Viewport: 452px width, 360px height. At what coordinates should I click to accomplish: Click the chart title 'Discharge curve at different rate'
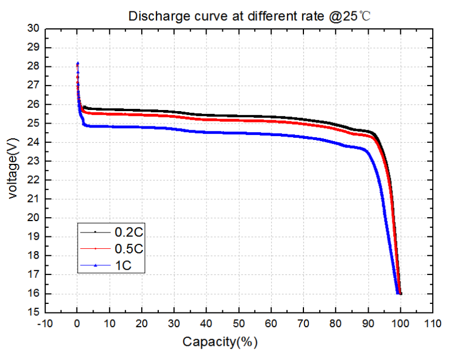coord(249,15)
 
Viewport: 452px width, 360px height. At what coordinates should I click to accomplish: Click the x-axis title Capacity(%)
coord(219,342)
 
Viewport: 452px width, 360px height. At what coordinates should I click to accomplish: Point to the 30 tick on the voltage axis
coord(33,28)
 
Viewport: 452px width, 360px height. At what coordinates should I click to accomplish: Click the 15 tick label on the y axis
coord(33,312)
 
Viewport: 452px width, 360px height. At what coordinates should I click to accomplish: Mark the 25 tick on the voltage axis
coord(33,123)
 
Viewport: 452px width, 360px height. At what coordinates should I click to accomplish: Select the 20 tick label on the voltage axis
coord(33,218)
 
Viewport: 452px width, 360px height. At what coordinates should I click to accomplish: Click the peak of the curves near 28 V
coord(78,63)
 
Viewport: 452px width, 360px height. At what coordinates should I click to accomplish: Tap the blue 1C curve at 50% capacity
coord(239,133)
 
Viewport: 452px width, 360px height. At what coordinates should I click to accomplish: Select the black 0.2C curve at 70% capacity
coord(303,120)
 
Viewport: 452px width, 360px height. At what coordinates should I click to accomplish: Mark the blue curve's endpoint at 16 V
coord(397,293)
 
